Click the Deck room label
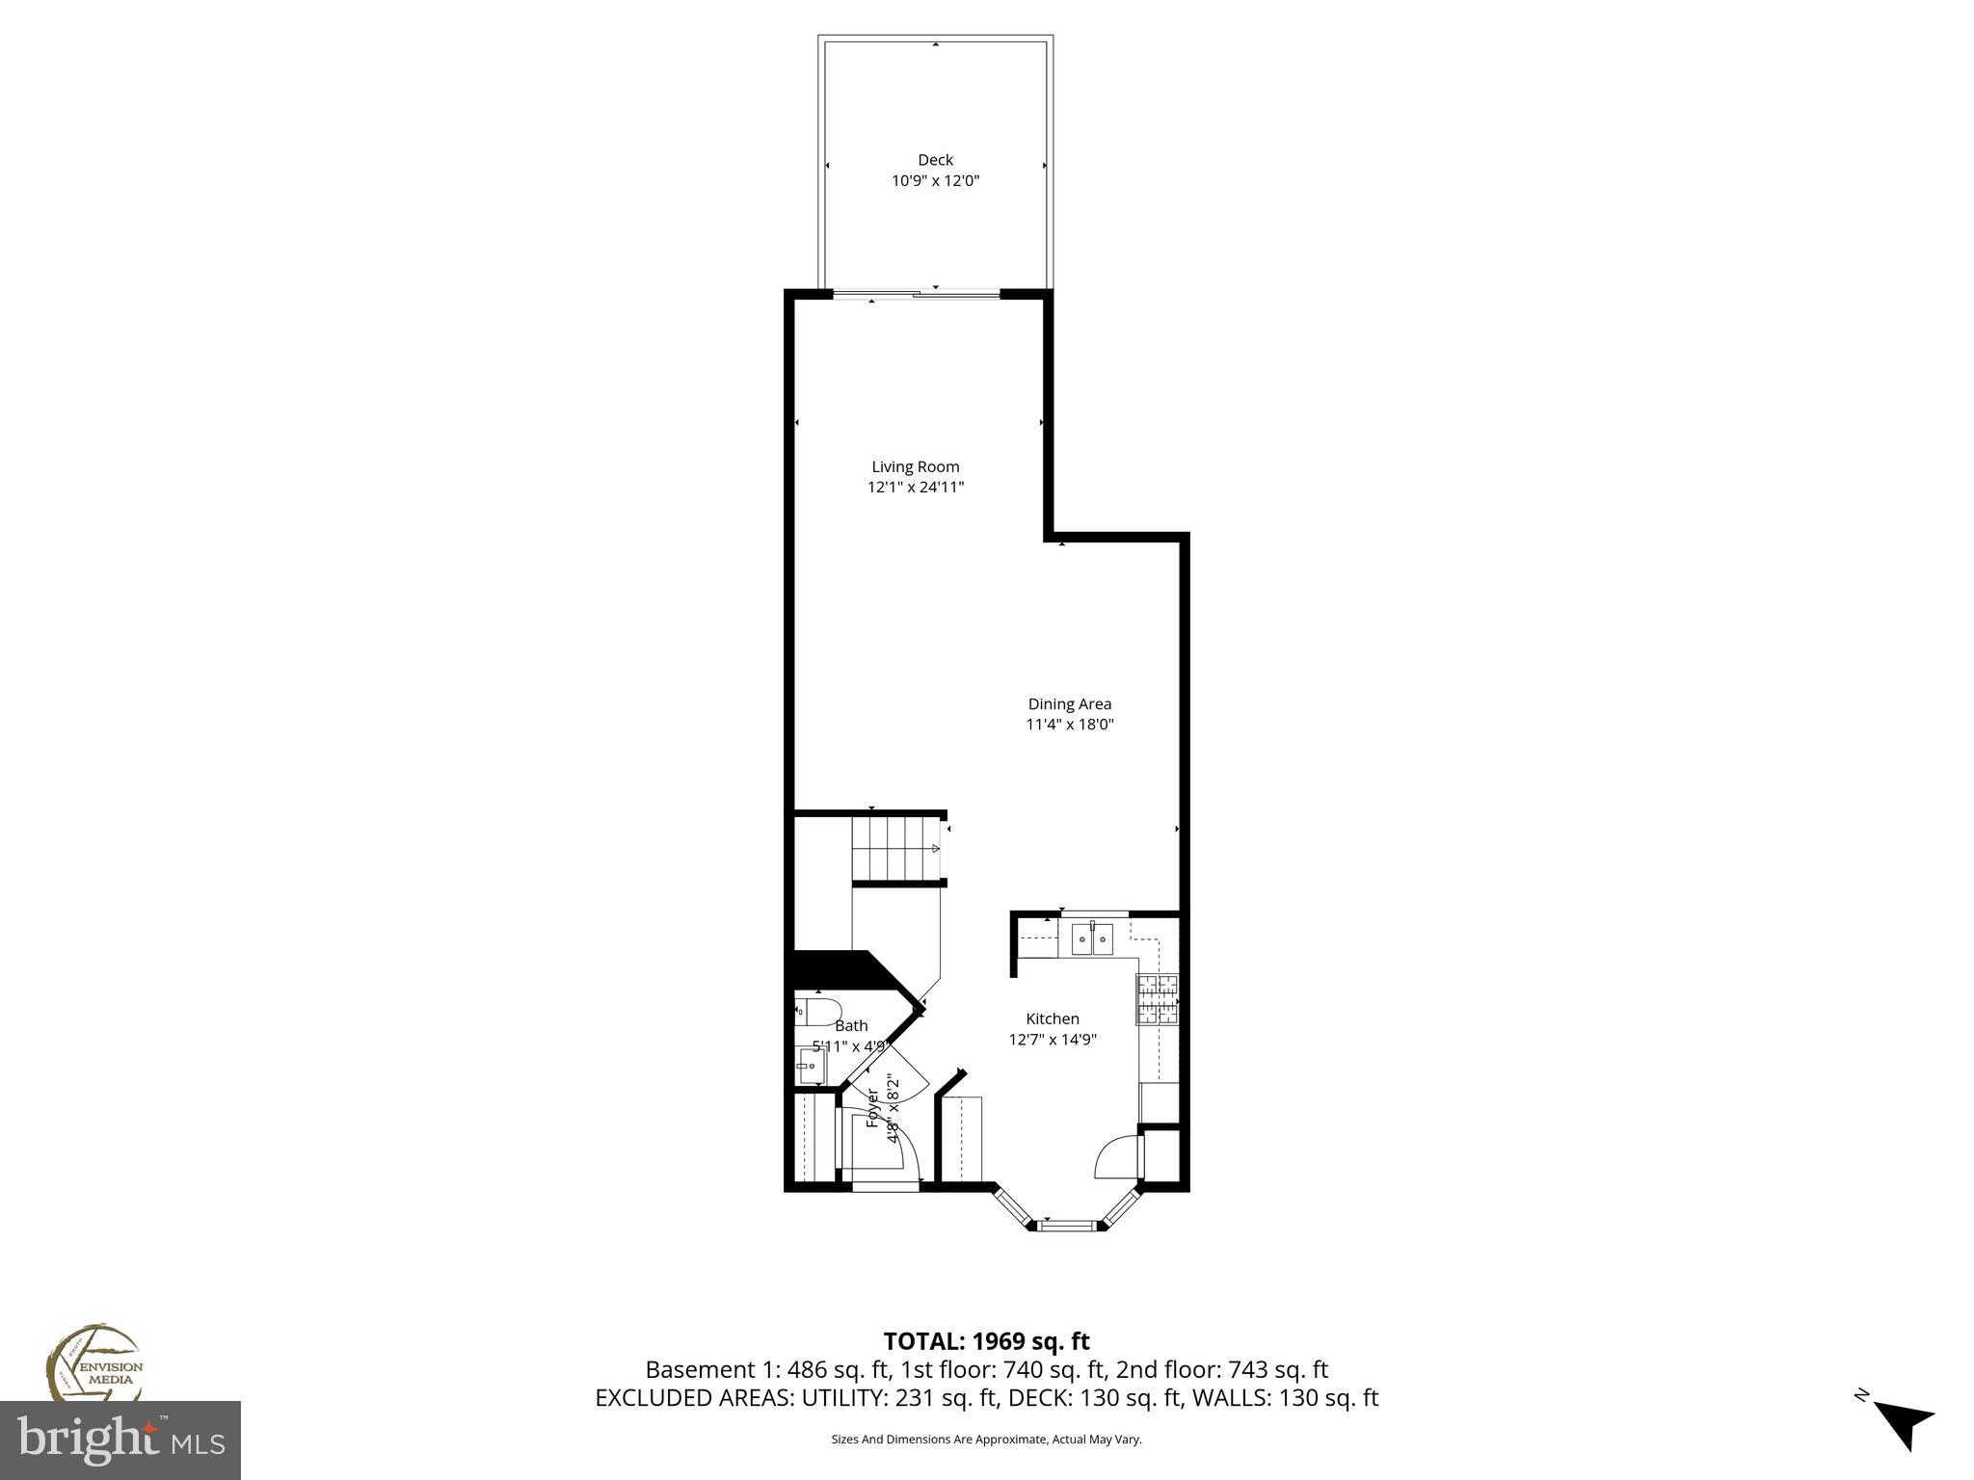coord(935,160)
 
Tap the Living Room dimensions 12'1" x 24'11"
coord(916,488)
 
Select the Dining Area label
coord(1069,704)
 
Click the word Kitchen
coord(1052,1018)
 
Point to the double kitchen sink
coord(1092,938)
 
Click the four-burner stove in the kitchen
coord(1158,999)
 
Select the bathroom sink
coord(811,1067)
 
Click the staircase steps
coord(896,848)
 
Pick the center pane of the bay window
coord(1068,1226)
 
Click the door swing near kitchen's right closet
coord(1116,1157)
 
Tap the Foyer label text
coord(873,1108)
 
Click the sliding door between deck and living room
coord(916,295)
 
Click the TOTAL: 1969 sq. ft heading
coord(986,1341)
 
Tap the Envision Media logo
coord(93,1363)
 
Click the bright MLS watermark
coord(120,1440)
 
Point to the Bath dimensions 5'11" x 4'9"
coord(850,1045)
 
